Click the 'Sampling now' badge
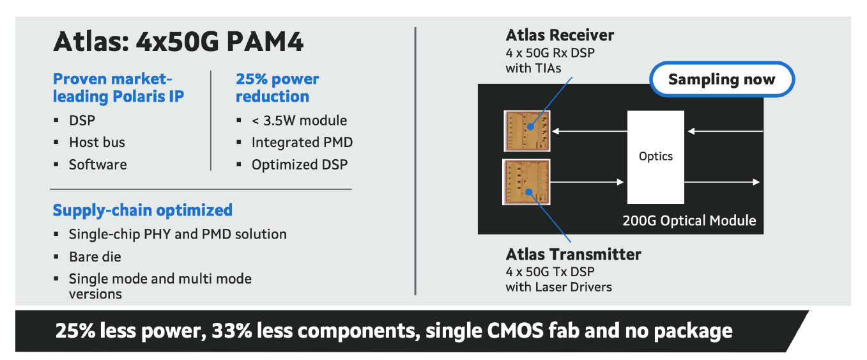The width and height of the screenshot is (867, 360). coord(722,79)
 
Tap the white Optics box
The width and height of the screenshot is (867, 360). coord(656,157)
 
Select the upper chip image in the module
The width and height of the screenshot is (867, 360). coord(526,131)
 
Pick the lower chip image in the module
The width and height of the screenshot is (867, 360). coord(526,182)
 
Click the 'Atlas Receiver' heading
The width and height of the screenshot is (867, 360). coord(560,35)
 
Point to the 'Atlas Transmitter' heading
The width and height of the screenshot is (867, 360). coord(573,254)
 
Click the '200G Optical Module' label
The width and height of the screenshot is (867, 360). coord(689,221)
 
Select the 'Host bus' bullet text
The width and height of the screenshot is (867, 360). coord(96,142)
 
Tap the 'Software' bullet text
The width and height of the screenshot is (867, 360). coord(98,165)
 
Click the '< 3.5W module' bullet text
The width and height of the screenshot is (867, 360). coord(299,120)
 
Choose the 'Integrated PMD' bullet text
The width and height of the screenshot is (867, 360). coord(302,142)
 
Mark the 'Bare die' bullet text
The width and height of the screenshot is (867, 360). coord(95,256)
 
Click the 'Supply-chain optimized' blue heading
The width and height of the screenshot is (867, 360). coord(142,210)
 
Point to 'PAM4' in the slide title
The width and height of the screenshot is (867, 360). coord(265,42)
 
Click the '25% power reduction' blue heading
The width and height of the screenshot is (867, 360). coord(277,88)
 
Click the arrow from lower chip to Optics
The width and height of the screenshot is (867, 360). coord(587,182)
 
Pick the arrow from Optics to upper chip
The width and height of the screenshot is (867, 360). coord(590,131)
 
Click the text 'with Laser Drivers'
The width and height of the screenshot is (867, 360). coord(558,287)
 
